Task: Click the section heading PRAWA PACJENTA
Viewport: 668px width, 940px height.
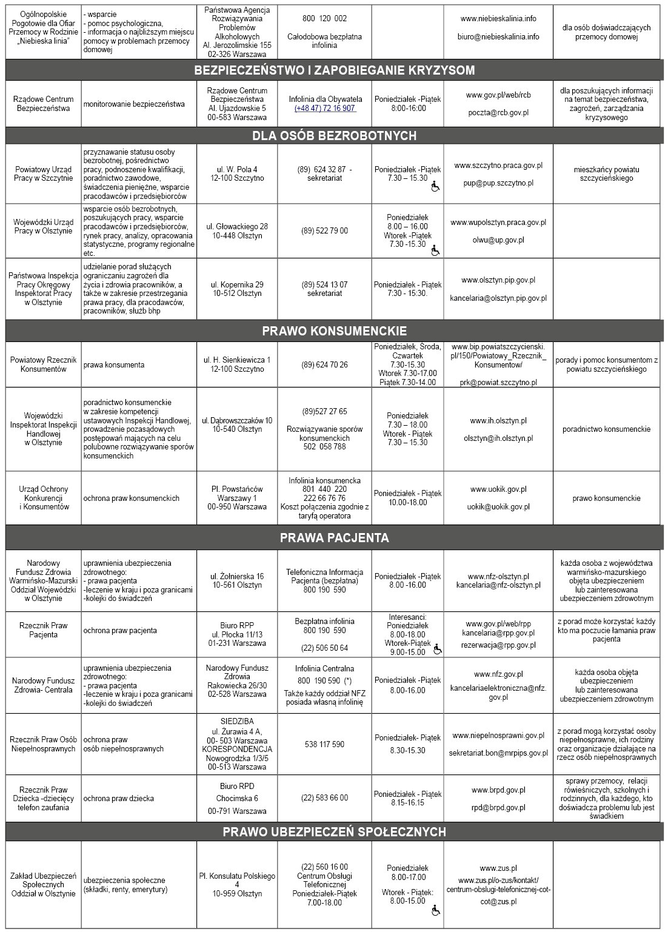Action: [334, 538]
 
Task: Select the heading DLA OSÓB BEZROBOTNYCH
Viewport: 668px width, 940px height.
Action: [334, 135]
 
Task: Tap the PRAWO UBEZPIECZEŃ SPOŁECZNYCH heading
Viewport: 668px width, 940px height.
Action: [334, 831]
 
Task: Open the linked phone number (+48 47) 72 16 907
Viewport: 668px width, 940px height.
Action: [325, 108]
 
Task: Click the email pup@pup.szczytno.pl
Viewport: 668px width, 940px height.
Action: [498, 183]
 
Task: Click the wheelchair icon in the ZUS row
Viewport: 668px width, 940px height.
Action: [435, 910]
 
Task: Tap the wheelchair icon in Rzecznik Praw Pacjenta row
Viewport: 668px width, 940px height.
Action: [438, 649]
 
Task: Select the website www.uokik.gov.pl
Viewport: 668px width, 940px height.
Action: [498, 489]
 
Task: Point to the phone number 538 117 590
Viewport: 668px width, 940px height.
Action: [325, 744]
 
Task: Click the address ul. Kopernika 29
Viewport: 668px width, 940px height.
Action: [237, 284]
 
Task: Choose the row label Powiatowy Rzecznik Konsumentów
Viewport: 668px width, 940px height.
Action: [44, 364]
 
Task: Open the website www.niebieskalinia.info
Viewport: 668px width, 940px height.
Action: [498, 19]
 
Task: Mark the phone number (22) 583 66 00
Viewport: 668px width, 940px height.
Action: [325, 798]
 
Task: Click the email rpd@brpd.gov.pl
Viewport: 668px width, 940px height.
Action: [498, 807]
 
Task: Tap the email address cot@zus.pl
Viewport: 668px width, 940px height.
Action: [498, 902]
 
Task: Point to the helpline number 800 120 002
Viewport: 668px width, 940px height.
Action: [325, 19]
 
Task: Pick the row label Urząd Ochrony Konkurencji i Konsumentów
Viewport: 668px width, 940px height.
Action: [44, 498]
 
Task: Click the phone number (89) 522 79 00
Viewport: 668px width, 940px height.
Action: [325, 231]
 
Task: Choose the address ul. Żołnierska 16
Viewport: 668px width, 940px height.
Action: [237, 577]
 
